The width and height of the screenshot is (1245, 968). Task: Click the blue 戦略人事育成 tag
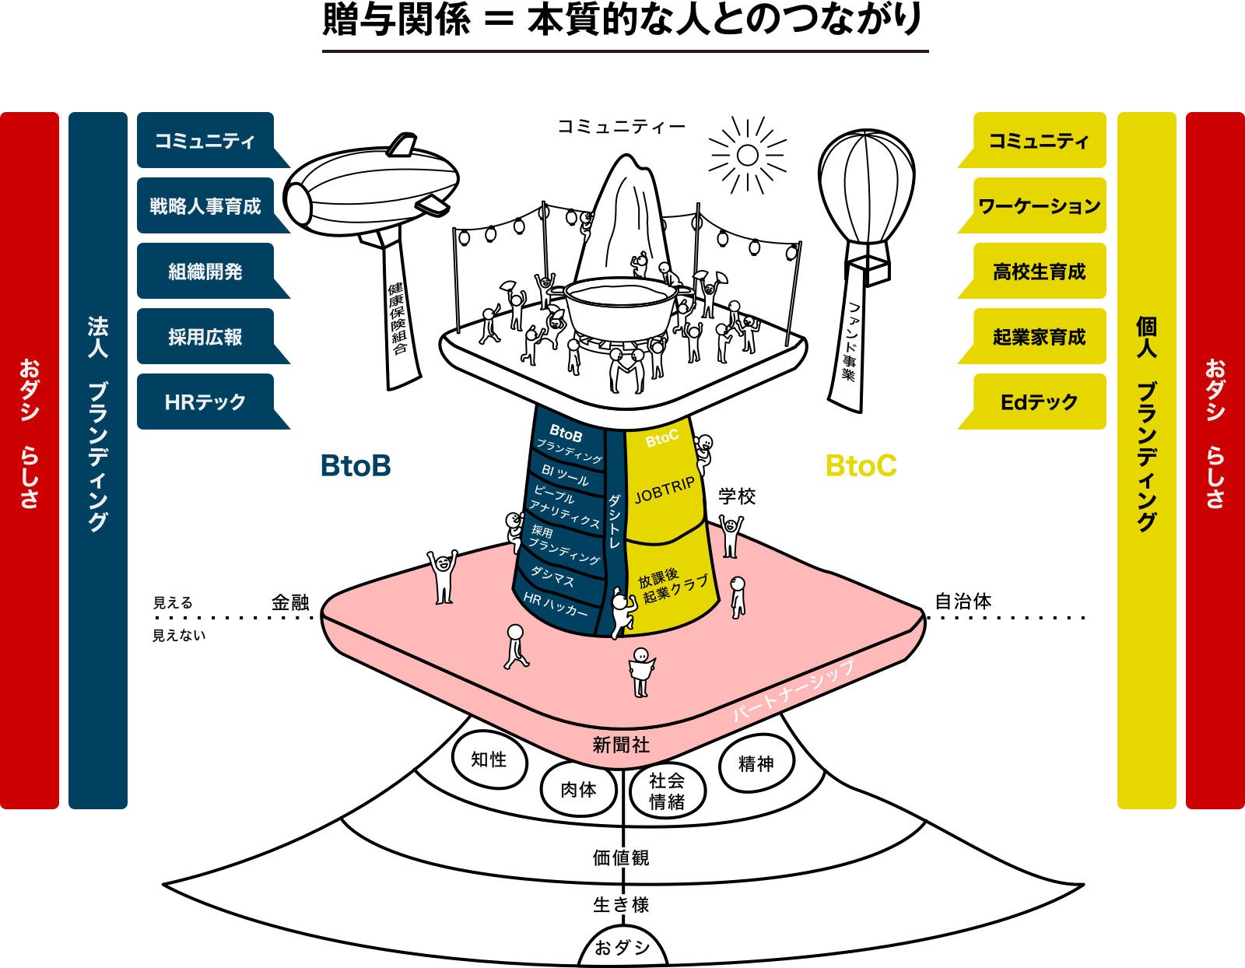point(205,206)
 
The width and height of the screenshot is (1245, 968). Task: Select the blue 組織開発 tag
point(205,272)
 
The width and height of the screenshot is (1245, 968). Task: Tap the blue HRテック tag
point(205,402)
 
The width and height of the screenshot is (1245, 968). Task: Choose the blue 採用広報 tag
point(205,337)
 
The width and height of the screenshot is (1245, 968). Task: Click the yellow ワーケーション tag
point(1039,206)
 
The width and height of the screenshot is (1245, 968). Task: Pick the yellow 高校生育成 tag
point(1039,272)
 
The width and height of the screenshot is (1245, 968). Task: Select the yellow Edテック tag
point(1039,402)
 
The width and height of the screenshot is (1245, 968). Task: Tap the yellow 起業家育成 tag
point(1039,337)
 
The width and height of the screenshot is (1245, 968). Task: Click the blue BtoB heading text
point(356,466)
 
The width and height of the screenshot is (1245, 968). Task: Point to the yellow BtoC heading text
point(861,466)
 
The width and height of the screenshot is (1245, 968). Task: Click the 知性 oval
point(489,759)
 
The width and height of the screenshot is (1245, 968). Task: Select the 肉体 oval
point(578,790)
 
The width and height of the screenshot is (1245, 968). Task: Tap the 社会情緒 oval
point(667,791)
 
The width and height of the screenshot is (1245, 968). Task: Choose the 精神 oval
point(756,763)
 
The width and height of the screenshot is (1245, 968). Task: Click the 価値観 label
point(620,858)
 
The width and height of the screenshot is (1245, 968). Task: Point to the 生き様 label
point(620,904)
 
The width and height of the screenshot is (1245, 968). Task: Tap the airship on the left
point(372,189)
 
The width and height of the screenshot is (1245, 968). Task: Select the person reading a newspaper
point(641,672)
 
